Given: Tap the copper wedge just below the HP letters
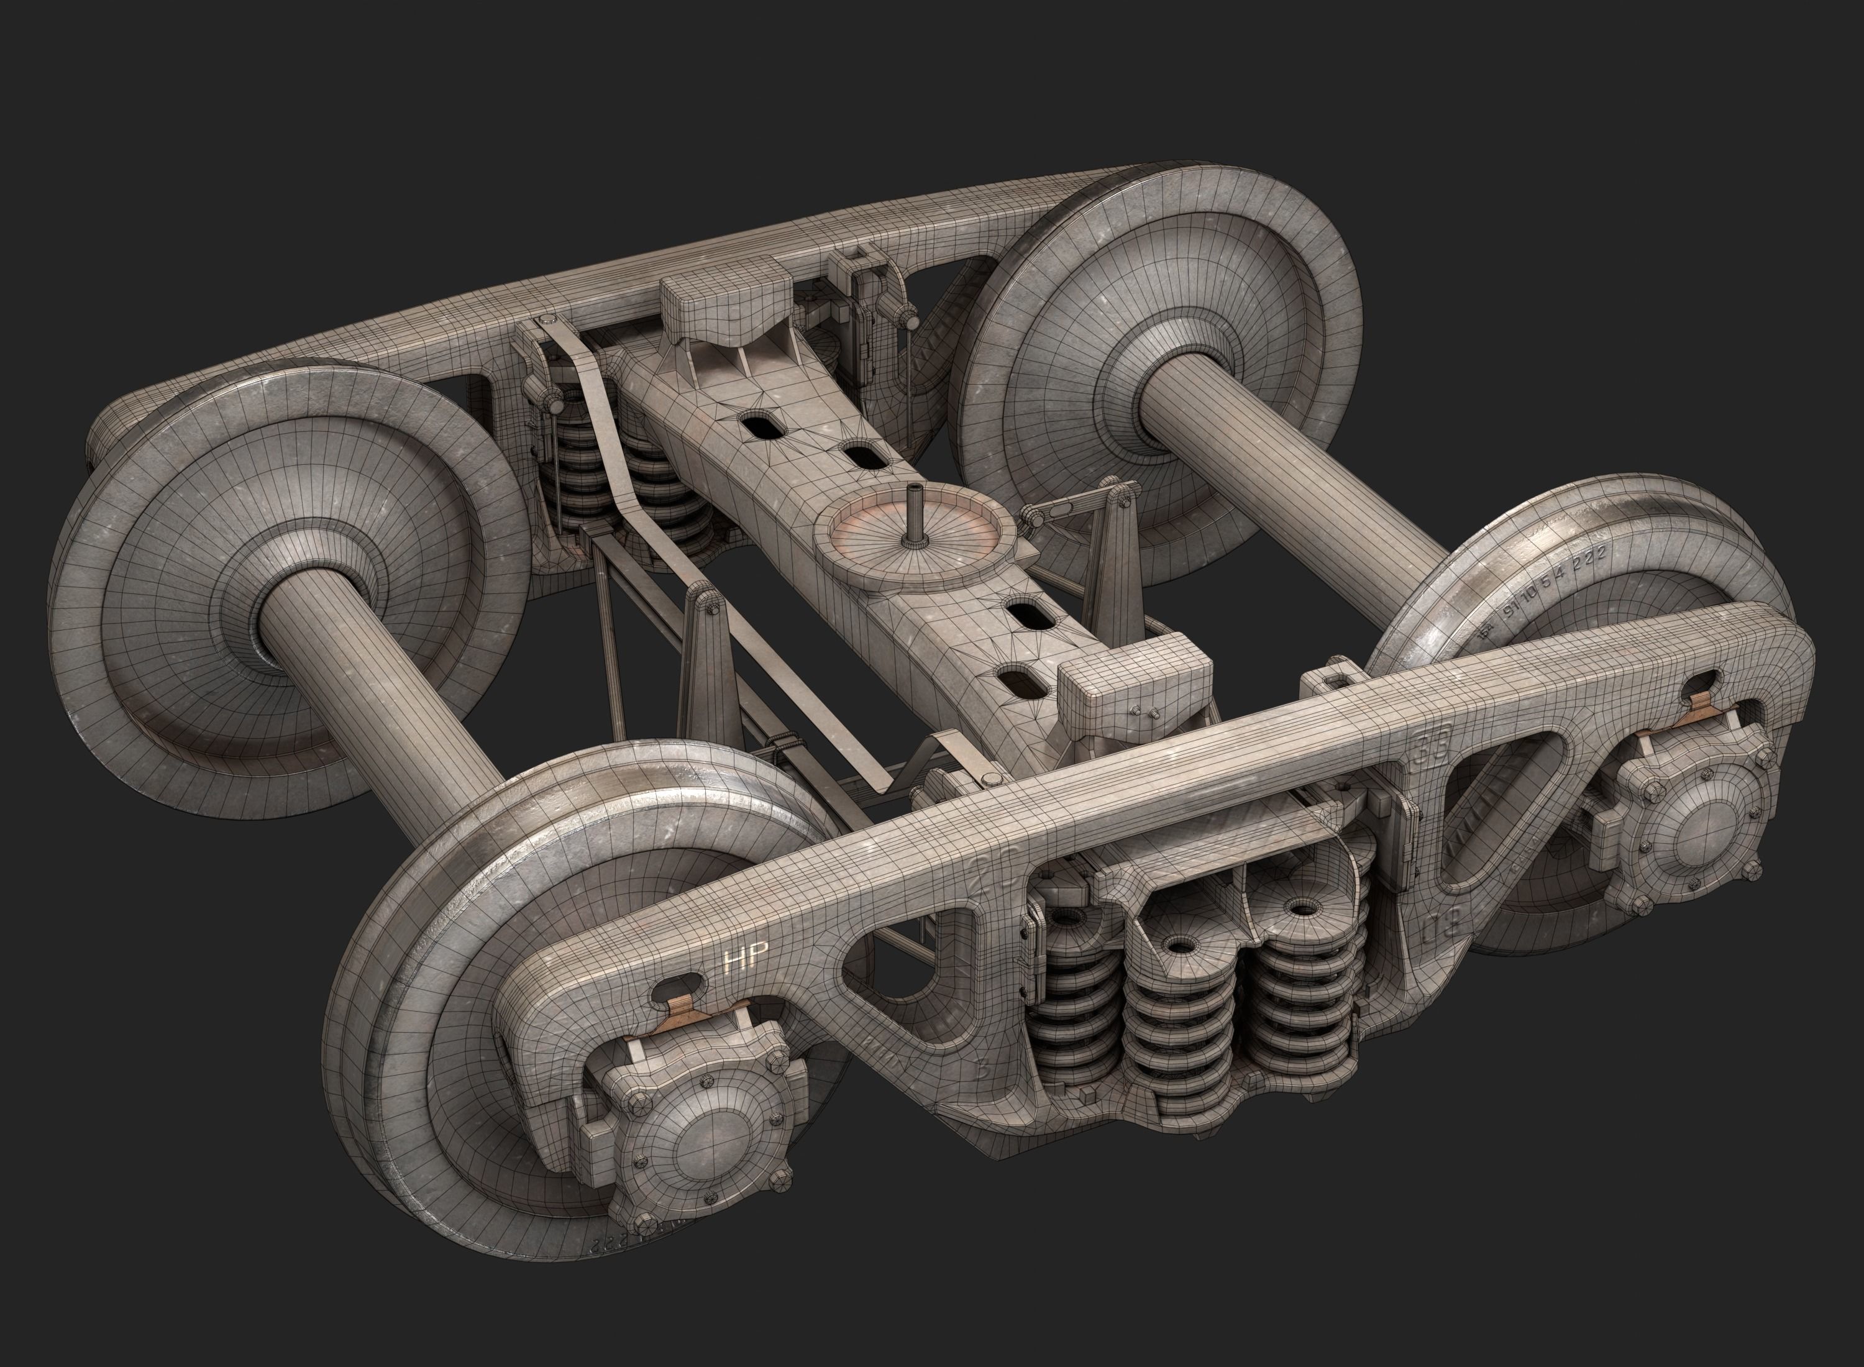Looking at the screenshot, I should [x=684, y=1008].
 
